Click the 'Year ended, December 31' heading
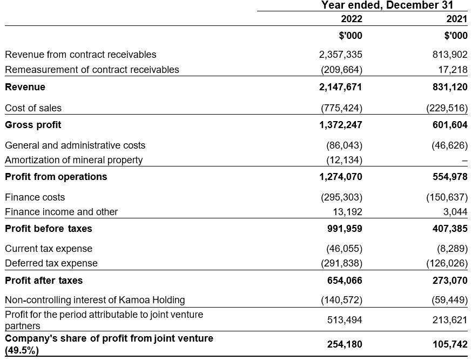coord(387,5)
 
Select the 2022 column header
coord(352,19)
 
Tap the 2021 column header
coord(457,19)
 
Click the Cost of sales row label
coord(33,108)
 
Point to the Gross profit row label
coord(33,125)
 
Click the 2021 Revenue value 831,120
coord(450,87)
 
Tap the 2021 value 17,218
coord(454,70)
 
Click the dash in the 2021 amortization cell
coord(464,161)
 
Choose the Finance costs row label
coord(35,197)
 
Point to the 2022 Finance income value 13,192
coord(348,212)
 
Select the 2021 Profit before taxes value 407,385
coord(450,229)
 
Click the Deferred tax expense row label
coord(51,263)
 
